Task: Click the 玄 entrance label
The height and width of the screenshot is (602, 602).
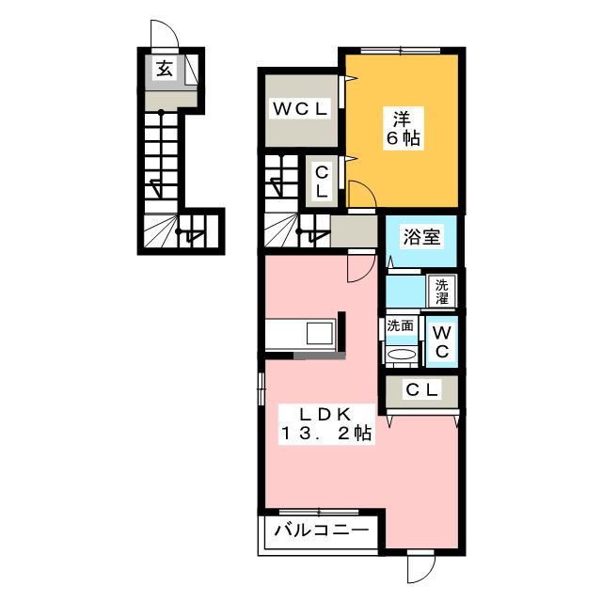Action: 165,69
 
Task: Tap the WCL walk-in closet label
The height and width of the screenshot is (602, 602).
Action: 301,109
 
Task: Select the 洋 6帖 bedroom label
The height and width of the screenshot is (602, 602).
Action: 403,129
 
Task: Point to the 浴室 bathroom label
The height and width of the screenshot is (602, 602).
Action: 421,236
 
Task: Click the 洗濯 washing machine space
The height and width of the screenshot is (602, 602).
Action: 441,291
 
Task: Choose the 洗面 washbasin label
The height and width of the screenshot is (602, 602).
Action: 400,326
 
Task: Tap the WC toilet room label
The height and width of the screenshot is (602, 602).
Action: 442,341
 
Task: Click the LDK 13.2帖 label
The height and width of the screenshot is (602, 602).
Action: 326,424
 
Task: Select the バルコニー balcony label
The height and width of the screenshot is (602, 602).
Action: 321,531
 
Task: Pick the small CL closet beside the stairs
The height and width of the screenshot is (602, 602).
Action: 322,182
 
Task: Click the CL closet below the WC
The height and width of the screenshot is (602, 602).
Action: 421,391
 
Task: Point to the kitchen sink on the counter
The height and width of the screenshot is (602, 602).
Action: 320,333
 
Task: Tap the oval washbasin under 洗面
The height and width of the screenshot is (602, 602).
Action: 402,354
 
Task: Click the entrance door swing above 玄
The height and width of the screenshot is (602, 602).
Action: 165,35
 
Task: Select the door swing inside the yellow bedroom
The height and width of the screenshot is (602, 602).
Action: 362,194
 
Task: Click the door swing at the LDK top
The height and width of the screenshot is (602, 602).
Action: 360,267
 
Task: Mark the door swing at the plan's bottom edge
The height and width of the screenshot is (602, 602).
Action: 421,569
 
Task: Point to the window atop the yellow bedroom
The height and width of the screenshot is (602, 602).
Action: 401,50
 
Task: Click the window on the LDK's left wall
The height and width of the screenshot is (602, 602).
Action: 261,388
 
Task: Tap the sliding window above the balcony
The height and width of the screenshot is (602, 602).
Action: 319,512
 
